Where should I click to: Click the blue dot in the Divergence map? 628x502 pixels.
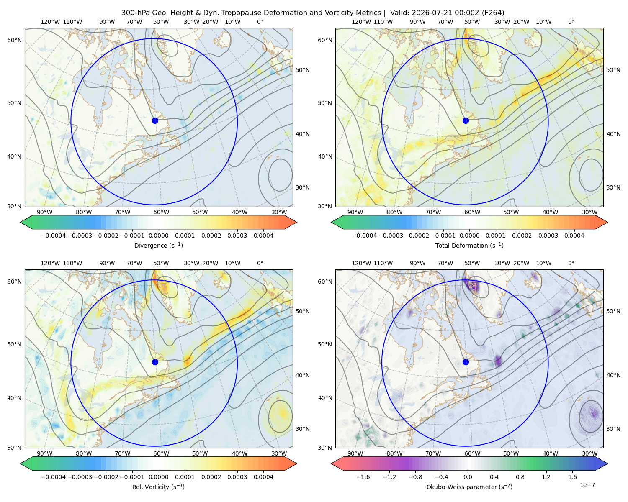[155, 120]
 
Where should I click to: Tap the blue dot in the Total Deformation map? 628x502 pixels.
[466, 120]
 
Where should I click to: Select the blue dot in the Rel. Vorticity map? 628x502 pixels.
[155, 362]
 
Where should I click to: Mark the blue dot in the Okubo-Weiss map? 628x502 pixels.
[466, 362]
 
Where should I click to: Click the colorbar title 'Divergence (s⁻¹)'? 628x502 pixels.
[158, 245]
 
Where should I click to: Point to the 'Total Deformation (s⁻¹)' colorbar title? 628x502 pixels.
[469, 245]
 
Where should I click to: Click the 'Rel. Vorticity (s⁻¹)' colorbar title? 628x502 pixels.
[158, 487]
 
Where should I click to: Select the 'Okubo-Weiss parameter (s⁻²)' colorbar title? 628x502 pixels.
[469, 487]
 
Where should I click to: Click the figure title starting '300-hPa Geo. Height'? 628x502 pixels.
[313, 13]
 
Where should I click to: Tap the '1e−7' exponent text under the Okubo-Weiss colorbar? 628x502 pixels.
[587, 485]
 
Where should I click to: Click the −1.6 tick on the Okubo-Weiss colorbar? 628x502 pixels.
[363, 477]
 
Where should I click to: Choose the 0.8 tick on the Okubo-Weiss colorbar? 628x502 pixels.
[520, 477]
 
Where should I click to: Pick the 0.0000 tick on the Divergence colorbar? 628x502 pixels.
[158, 236]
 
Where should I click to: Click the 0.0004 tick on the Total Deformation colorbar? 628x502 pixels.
[574, 236]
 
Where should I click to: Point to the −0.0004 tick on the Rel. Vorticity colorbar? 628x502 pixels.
[54, 477]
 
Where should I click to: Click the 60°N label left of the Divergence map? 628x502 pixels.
[14, 40]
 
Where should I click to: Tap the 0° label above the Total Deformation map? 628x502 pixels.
[571, 22]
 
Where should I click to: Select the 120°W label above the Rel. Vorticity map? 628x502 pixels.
[50, 263]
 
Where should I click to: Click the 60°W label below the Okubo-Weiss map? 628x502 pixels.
[472, 453]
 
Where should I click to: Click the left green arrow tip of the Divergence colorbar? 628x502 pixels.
[21, 222]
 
